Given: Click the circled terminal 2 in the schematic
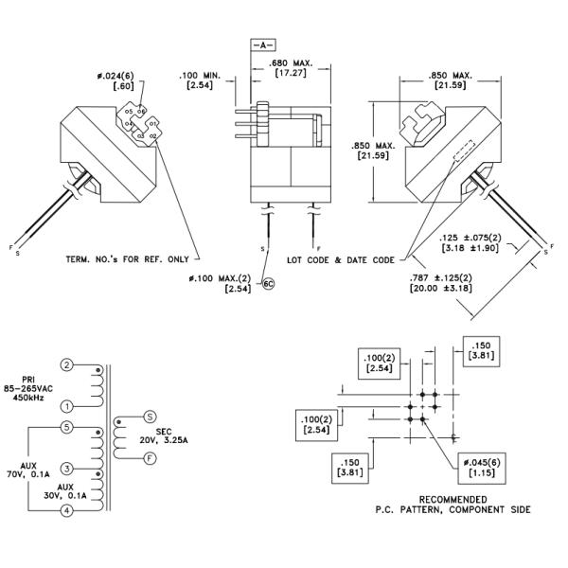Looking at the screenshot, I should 67,364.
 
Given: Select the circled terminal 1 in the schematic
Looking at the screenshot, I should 67,406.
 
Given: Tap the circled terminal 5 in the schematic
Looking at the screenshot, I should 67,427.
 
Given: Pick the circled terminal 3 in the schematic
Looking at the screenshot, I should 67,469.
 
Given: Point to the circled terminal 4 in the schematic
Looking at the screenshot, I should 67,511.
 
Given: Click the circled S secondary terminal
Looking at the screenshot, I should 150,416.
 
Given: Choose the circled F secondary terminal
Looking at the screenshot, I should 150,456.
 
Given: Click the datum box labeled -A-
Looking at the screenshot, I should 262,44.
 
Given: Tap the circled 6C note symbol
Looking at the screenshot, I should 268,283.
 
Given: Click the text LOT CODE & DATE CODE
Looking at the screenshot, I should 341,258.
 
